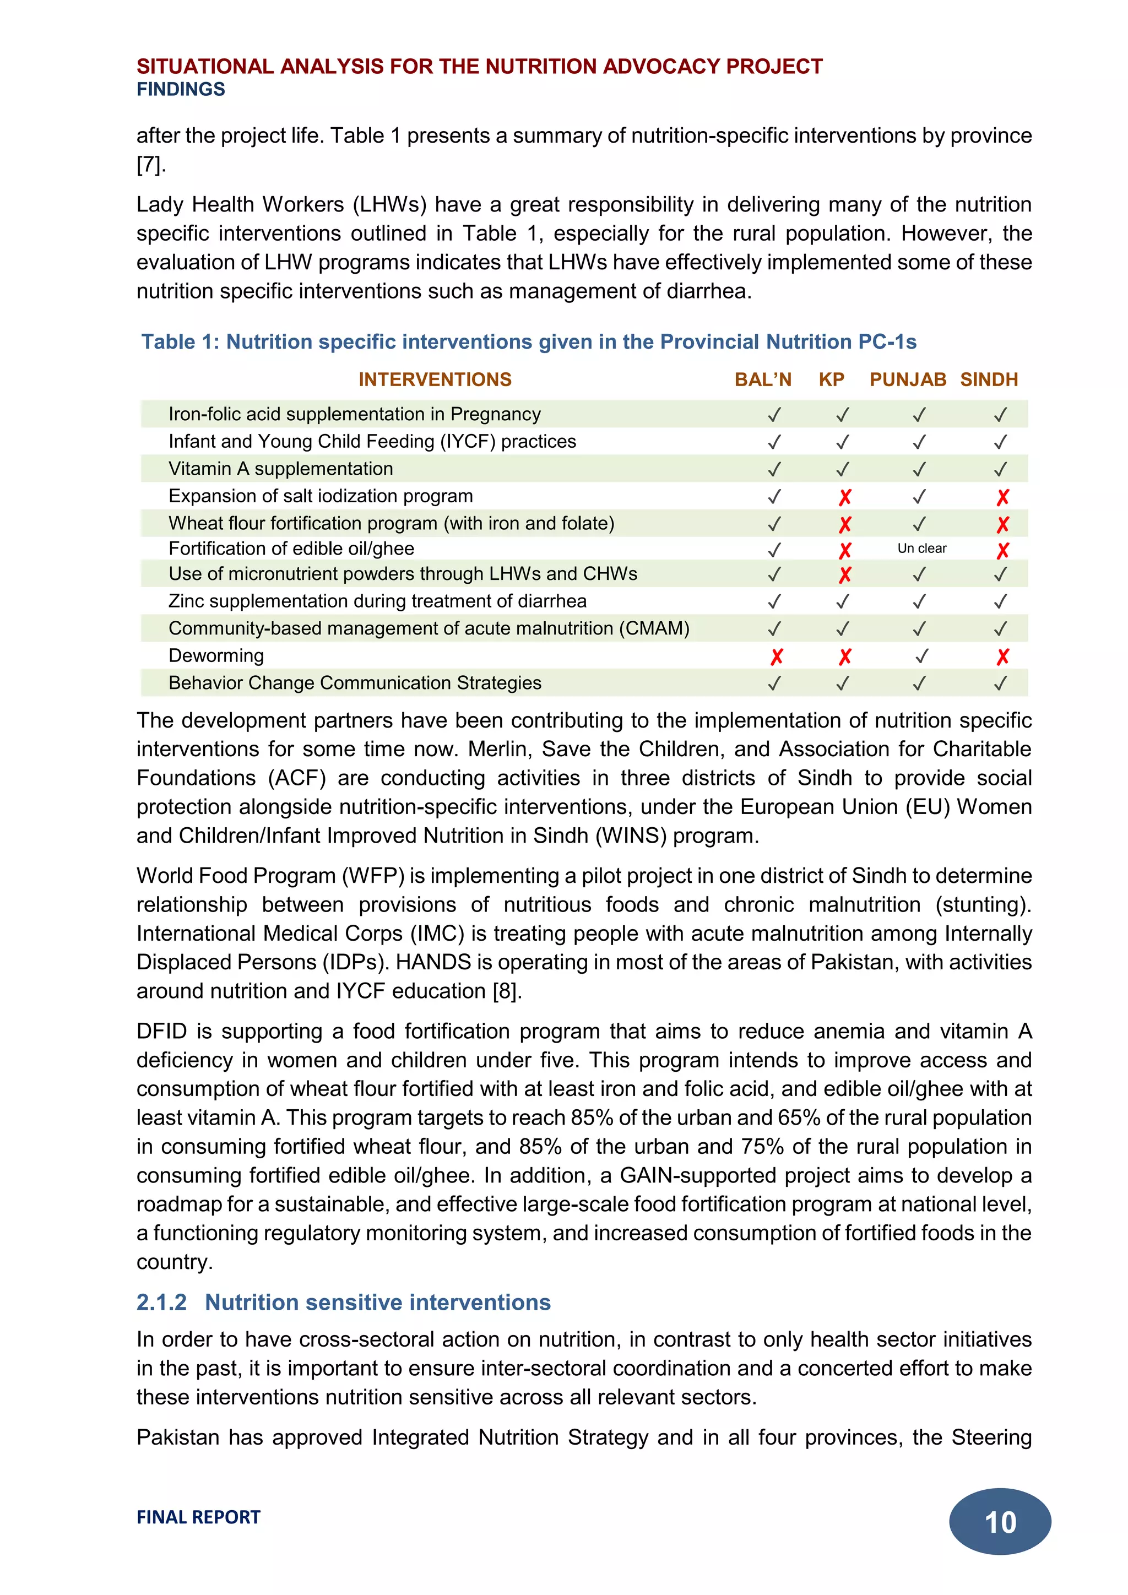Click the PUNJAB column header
907,379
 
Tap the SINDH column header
989,379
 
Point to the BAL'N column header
763,379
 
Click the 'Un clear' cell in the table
921,548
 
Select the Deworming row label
216,655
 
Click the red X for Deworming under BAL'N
776,657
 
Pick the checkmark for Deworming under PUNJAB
921,656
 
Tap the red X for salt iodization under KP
844,497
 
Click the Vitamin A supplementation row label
280,468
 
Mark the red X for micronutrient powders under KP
844,575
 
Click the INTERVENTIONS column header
435,379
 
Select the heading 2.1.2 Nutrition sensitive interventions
343,1302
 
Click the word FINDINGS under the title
181,89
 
